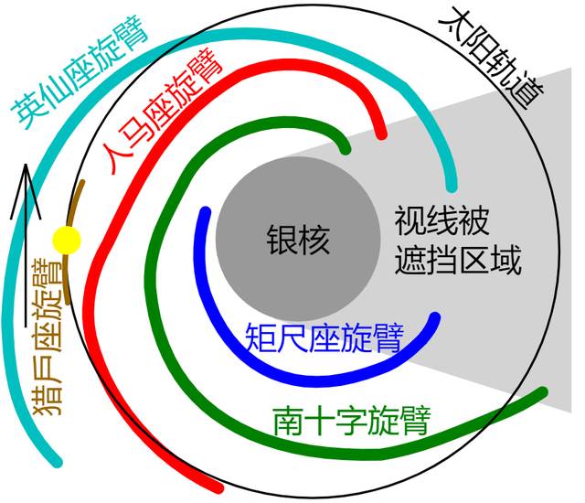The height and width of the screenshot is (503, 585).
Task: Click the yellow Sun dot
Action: (x=67, y=240)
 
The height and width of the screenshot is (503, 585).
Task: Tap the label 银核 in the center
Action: (x=298, y=241)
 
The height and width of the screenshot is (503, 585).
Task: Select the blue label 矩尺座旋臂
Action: (x=324, y=338)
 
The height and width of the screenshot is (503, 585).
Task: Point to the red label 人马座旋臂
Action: (x=164, y=112)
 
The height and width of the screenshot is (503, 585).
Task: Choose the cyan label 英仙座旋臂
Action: (x=80, y=72)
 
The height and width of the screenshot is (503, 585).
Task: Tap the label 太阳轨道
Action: (x=492, y=56)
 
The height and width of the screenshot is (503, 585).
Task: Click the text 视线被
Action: (x=441, y=220)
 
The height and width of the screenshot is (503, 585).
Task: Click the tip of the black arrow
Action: (x=26, y=165)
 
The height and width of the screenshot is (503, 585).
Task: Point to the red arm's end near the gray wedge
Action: (x=381, y=134)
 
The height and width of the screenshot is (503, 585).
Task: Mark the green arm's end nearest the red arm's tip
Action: (x=346, y=150)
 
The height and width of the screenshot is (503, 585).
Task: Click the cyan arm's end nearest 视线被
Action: (x=452, y=187)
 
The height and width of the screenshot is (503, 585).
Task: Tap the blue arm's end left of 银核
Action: (x=206, y=212)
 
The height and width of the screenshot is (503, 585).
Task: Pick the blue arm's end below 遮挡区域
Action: (x=435, y=317)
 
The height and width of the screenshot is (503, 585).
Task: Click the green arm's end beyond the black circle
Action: (x=542, y=392)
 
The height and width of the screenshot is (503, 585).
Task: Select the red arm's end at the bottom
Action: (x=218, y=487)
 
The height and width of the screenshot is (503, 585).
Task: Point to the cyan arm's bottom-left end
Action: (x=57, y=463)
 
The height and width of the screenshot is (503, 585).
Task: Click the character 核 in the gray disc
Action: (x=314, y=241)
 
